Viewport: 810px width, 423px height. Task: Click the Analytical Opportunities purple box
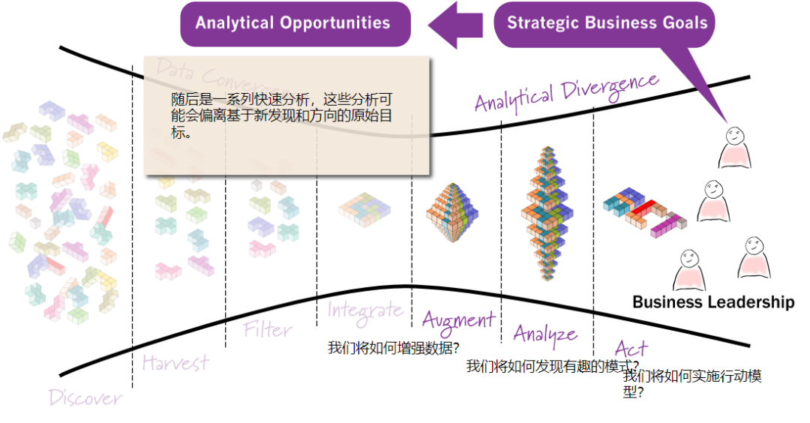(x=295, y=22)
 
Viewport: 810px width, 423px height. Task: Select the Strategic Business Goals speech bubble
(x=606, y=22)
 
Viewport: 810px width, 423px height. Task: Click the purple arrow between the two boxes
(x=456, y=22)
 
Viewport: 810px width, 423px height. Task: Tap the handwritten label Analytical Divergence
(x=566, y=91)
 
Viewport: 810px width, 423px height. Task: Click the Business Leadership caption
(x=712, y=302)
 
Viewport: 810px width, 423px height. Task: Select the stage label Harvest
(x=175, y=363)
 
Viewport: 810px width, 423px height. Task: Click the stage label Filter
(x=268, y=329)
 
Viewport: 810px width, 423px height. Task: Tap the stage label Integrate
(x=364, y=309)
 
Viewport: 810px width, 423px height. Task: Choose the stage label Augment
(x=458, y=320)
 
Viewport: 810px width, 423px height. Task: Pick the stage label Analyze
(x=545, y=334)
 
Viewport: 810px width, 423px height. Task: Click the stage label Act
(x=630, y=348)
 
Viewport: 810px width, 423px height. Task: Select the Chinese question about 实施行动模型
(x=691, y=383)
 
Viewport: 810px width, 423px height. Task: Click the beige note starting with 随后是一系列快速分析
(x=286, y=116)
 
